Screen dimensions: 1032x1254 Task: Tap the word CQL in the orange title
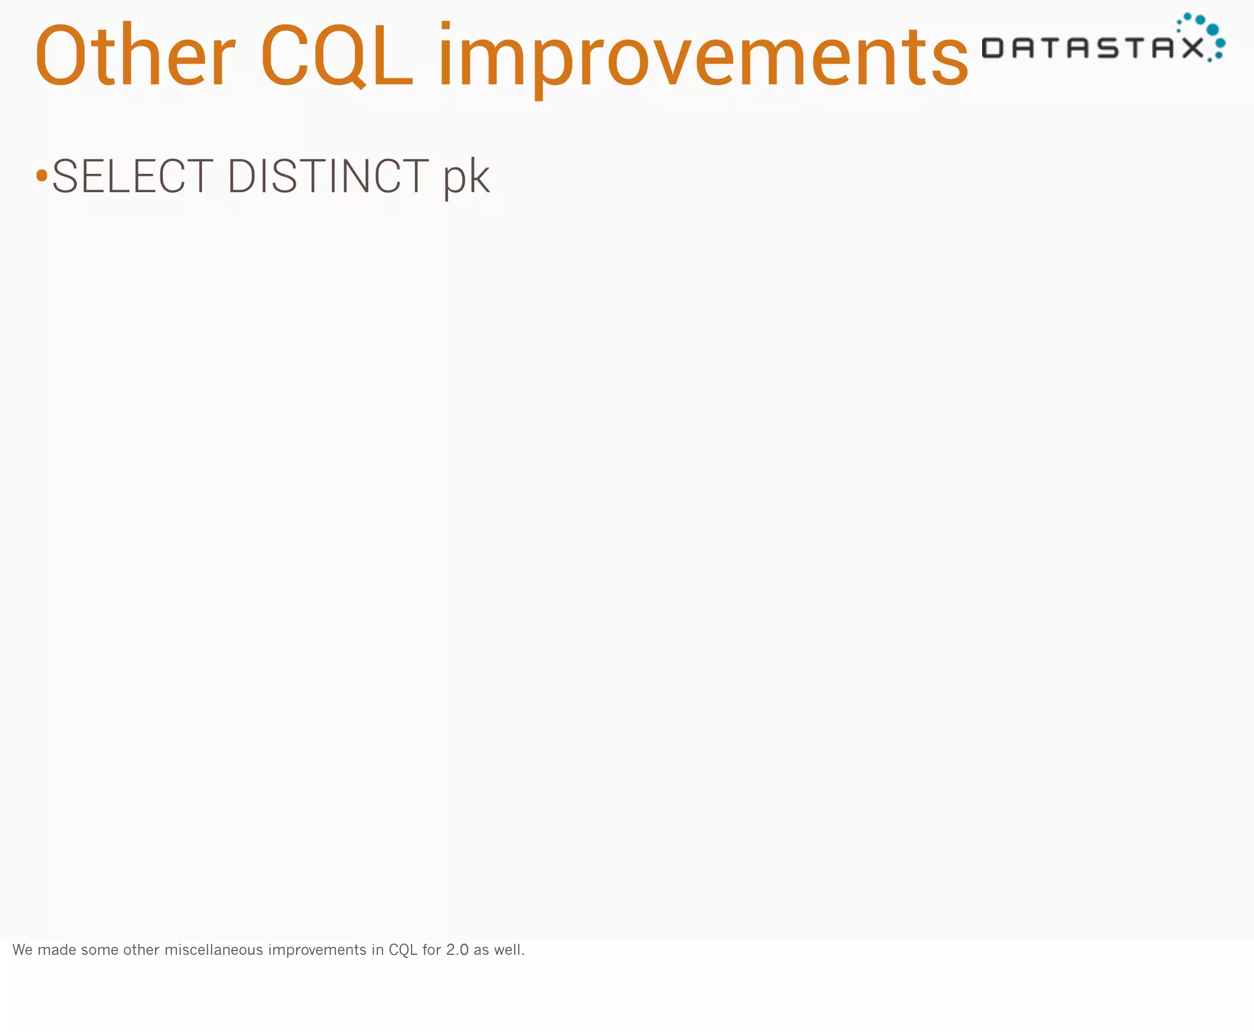click(337, 56)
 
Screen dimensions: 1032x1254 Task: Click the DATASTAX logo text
click(1093, 48)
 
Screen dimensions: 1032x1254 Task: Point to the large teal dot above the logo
click(1212, 30)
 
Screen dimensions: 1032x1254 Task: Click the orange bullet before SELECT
click(42, 176)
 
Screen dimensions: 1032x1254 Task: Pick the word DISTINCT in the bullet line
click(328, 176)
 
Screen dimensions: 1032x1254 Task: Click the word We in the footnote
click(23, 950)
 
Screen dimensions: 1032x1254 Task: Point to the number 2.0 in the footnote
click(457, 950)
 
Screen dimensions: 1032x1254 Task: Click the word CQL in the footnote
click(403, 950)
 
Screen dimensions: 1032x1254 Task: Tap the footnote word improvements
click(317, 950)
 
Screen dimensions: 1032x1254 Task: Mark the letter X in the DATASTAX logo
click(1192, 48)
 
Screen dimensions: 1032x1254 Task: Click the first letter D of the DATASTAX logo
click(993, 48)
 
